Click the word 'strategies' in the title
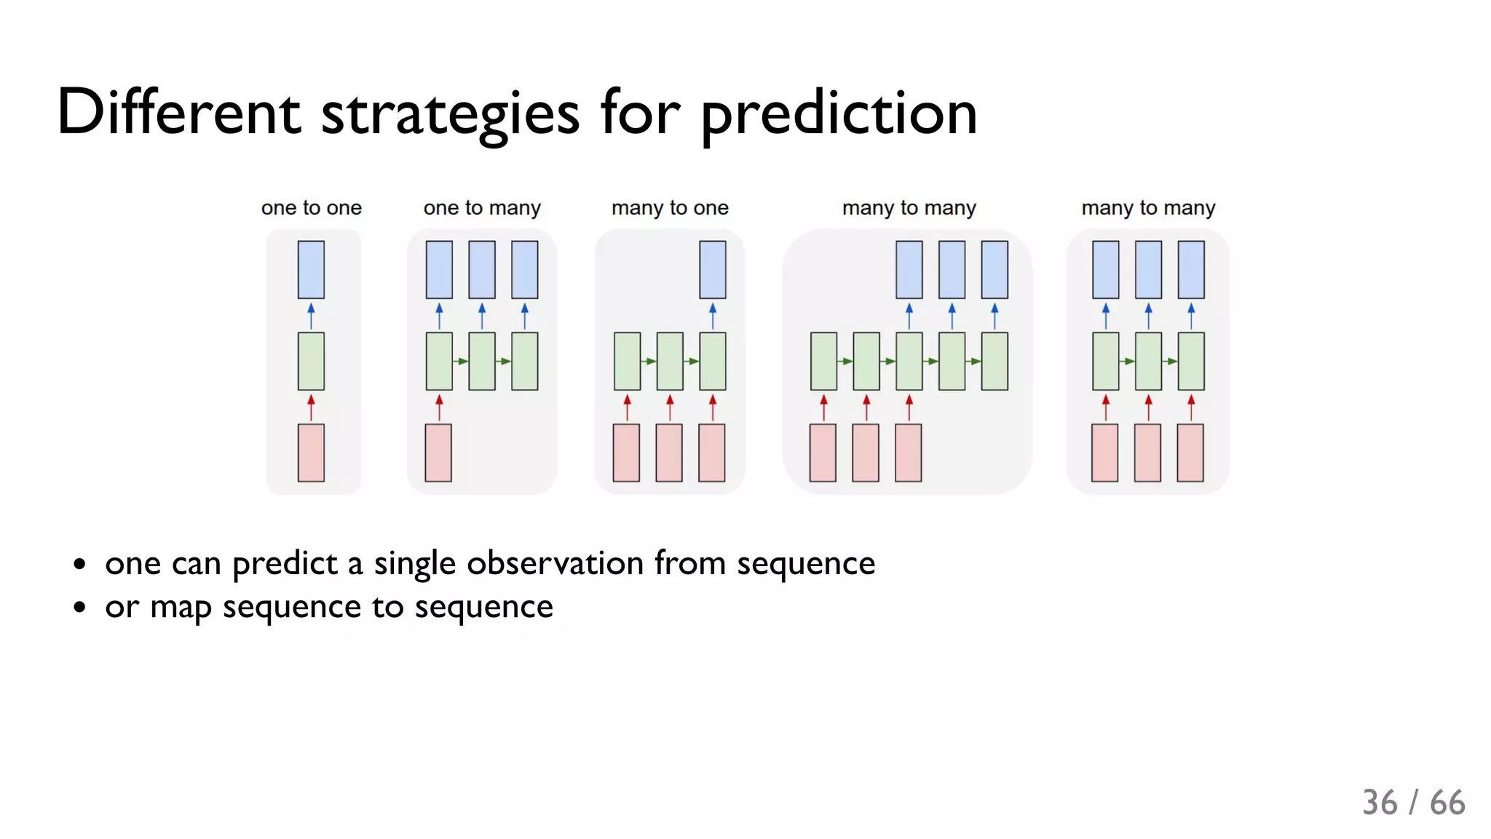pos(450,115)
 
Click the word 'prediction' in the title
pos(838,115)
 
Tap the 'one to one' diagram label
pos(311,208)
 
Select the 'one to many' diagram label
pos(482,208)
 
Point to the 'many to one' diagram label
pos(670,208)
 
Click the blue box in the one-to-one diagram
pos(311,270)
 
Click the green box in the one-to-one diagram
pos(311,362)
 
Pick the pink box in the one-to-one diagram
pos(311,453)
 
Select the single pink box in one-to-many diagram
pos(438,453)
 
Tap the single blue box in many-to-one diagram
pos(712,270)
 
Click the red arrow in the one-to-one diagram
pos(311,407)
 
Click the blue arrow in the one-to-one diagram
pos(311,316)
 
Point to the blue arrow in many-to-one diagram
pos(712,316)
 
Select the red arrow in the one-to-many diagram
pos(439,407)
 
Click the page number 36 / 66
pos(1413,803)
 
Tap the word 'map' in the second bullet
pos(181,608)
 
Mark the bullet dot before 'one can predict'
pos(79,564)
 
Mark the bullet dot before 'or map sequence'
pos(79,608)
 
